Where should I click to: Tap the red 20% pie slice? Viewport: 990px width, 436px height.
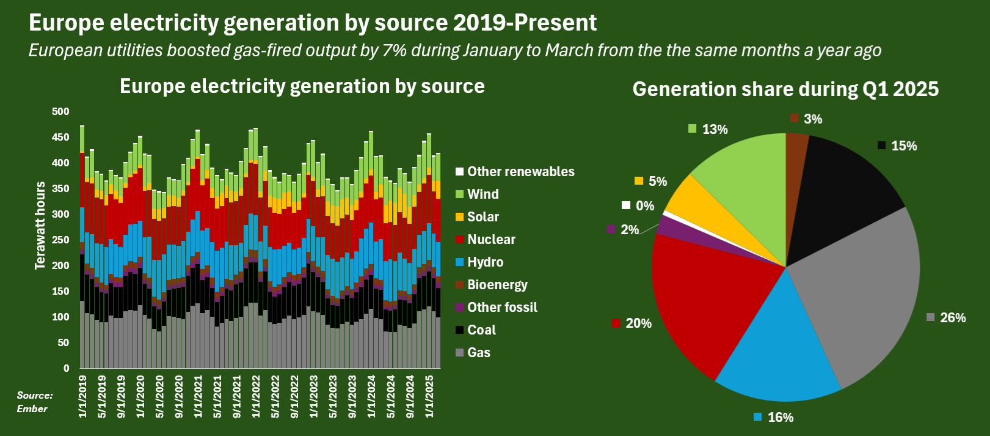(707, 301)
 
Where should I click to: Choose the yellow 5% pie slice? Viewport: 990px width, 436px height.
(698, 208)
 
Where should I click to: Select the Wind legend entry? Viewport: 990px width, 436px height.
(478, 194)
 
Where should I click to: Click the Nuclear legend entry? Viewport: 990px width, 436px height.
(486, 240)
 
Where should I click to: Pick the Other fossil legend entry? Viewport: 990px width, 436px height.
(497, 307)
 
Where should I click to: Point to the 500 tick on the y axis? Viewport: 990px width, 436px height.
(60, 111)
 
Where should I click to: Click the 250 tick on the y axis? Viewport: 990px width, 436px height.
(60, 240)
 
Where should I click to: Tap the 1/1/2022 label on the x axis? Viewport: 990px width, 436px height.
(256, 397)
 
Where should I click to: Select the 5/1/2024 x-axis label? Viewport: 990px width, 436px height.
(391, 397)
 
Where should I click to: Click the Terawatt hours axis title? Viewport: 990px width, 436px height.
(40, 225)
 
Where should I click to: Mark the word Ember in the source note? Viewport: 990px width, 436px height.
(32, 408)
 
